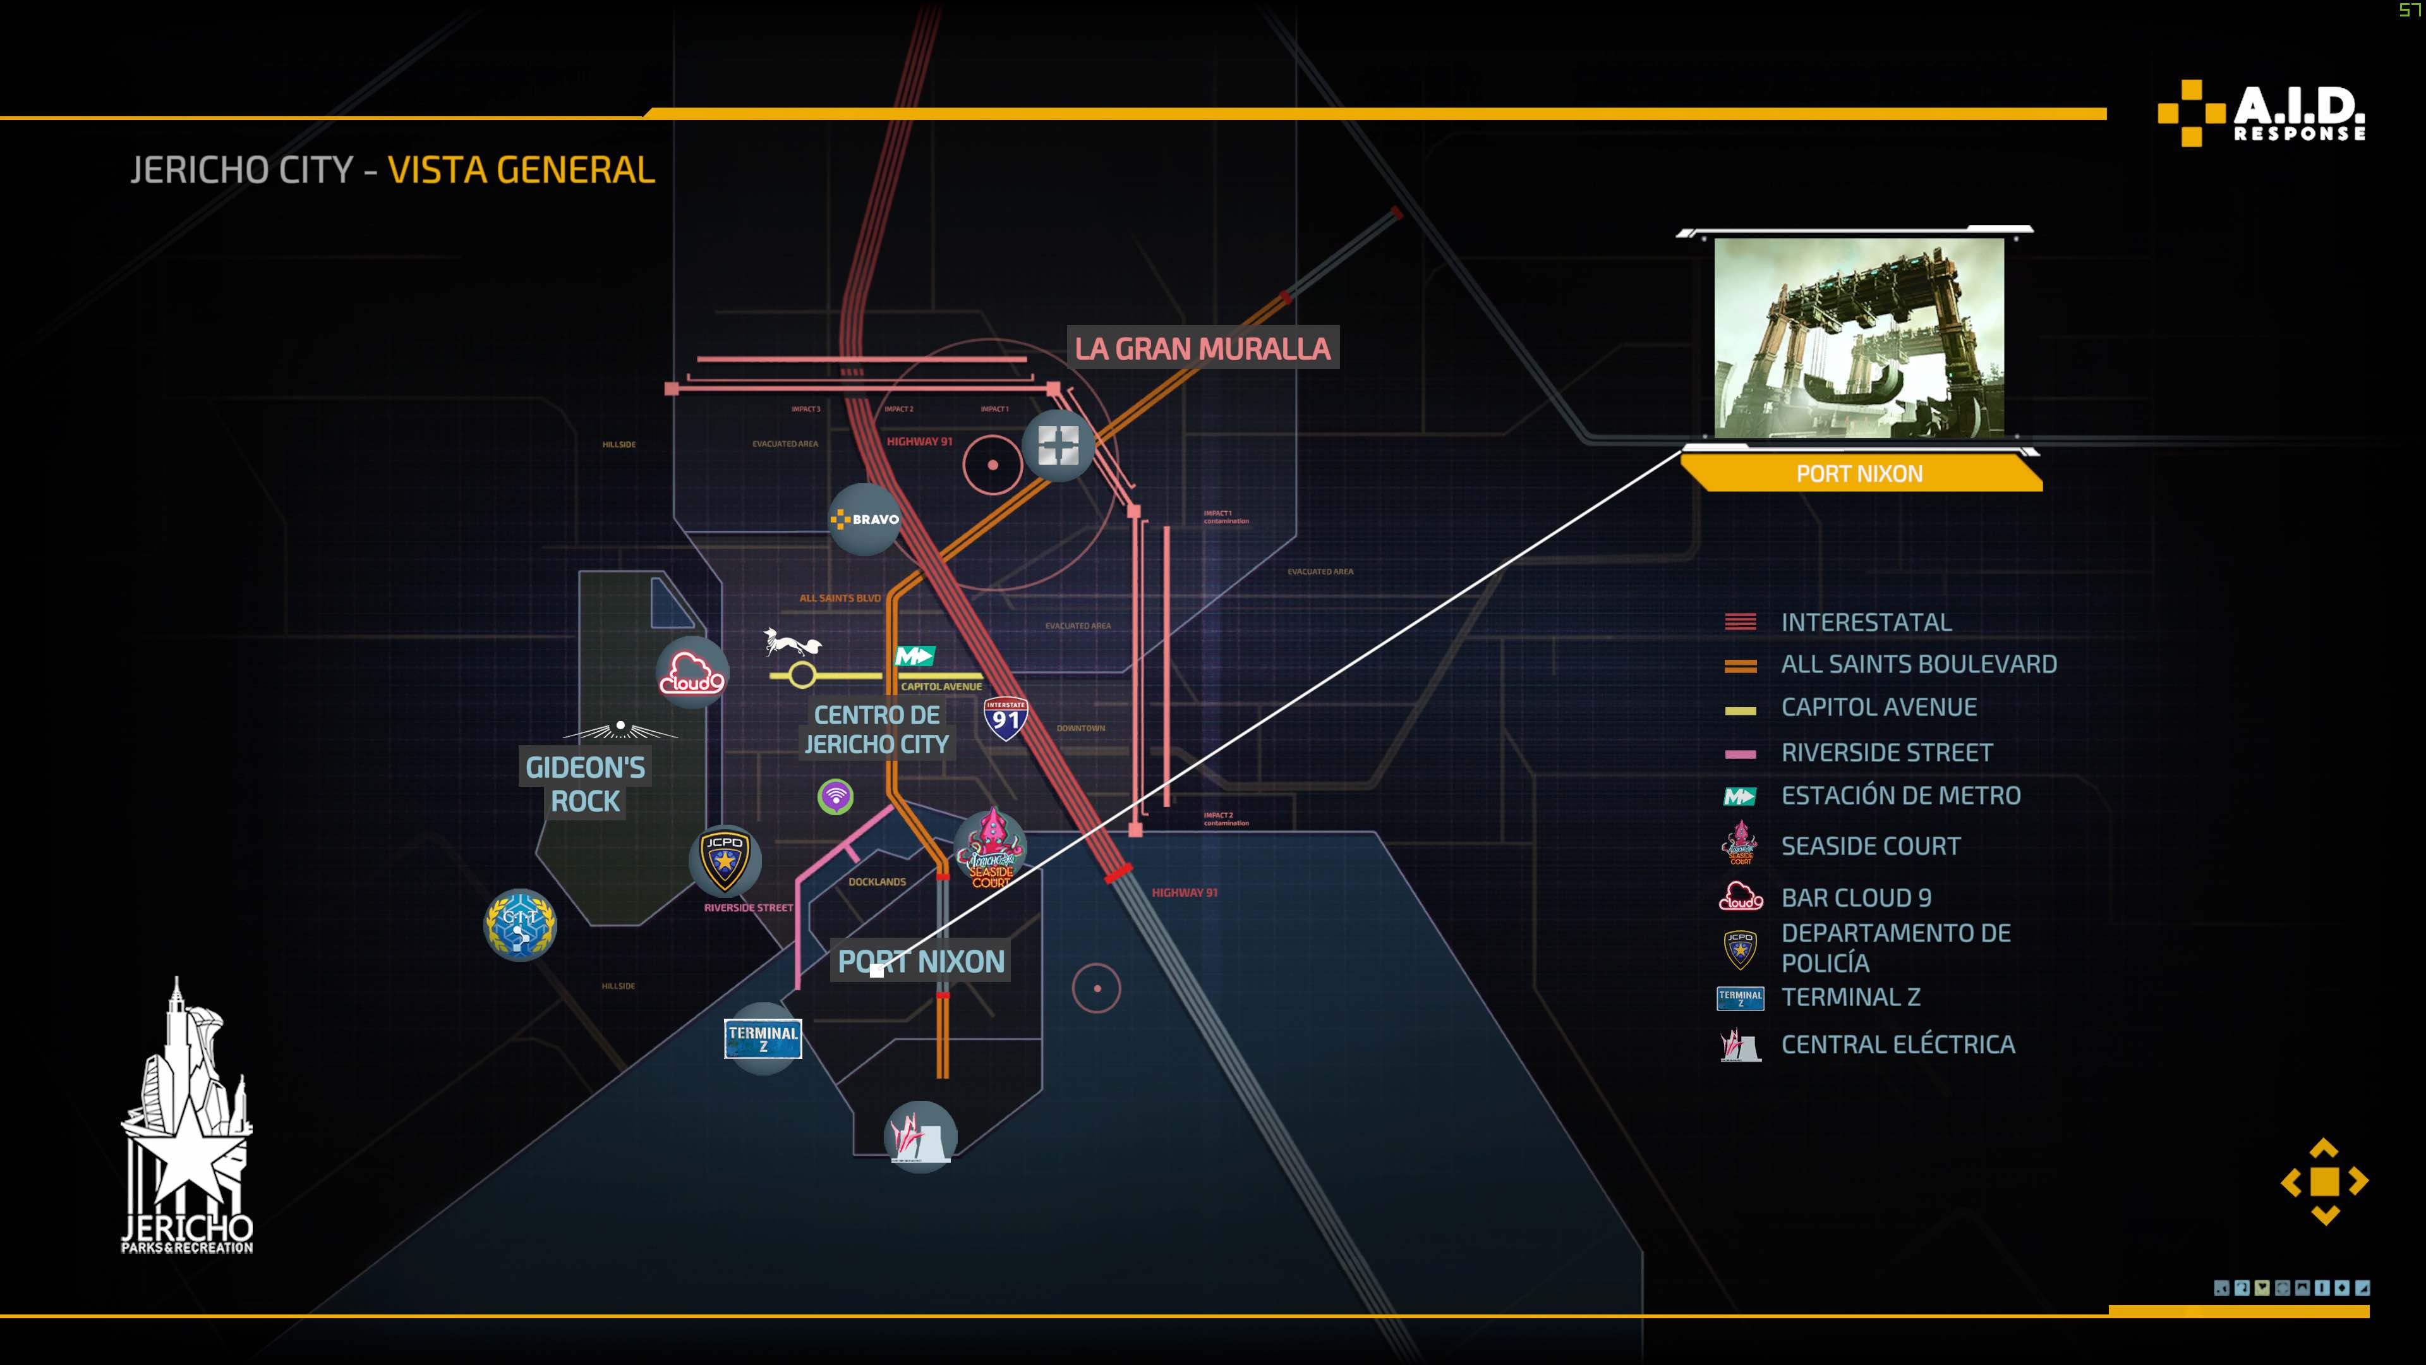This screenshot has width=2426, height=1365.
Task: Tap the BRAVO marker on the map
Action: click(864, 519)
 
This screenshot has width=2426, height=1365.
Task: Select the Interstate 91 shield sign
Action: click(1005, 719)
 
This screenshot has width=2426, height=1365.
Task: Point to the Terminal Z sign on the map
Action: click(763, 1038)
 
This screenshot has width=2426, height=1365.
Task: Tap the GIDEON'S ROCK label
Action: click(585, 784)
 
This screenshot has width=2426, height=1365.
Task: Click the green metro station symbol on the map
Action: click(914, 656)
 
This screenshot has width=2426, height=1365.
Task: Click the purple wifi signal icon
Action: click(835, 797)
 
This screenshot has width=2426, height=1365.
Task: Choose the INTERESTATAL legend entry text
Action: click(1866, 622)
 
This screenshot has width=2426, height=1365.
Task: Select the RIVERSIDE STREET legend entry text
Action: click(1886, 753)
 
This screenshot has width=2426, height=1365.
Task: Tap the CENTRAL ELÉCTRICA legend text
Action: click(1898, 1045)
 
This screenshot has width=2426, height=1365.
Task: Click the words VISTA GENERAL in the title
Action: click(521, 171)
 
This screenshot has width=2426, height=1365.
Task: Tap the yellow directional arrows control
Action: click(2324, 1181)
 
